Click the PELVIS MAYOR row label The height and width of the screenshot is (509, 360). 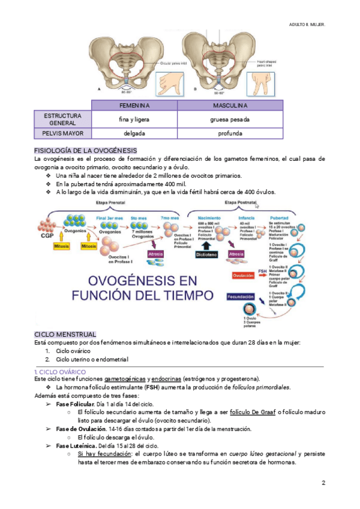coord(62,133)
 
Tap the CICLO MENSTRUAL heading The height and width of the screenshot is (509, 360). coord(65,334)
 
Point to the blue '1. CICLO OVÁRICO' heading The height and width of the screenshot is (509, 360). coord(60,372)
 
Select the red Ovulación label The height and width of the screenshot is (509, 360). coord(244,276)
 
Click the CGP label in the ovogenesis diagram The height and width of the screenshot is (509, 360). coord(47,235)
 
